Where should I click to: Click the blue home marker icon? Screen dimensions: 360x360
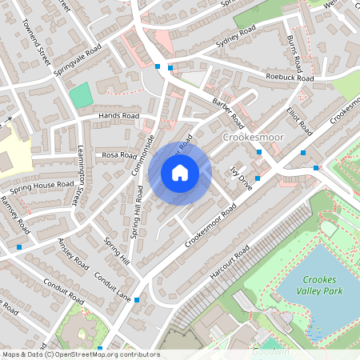pos(180,173)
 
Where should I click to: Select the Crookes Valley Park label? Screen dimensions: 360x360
pos(322,286)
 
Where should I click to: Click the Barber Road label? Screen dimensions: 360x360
pos(228,114)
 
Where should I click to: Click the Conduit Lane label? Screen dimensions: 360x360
pos(112,286)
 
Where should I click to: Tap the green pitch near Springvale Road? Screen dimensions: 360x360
pos(81,97)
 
